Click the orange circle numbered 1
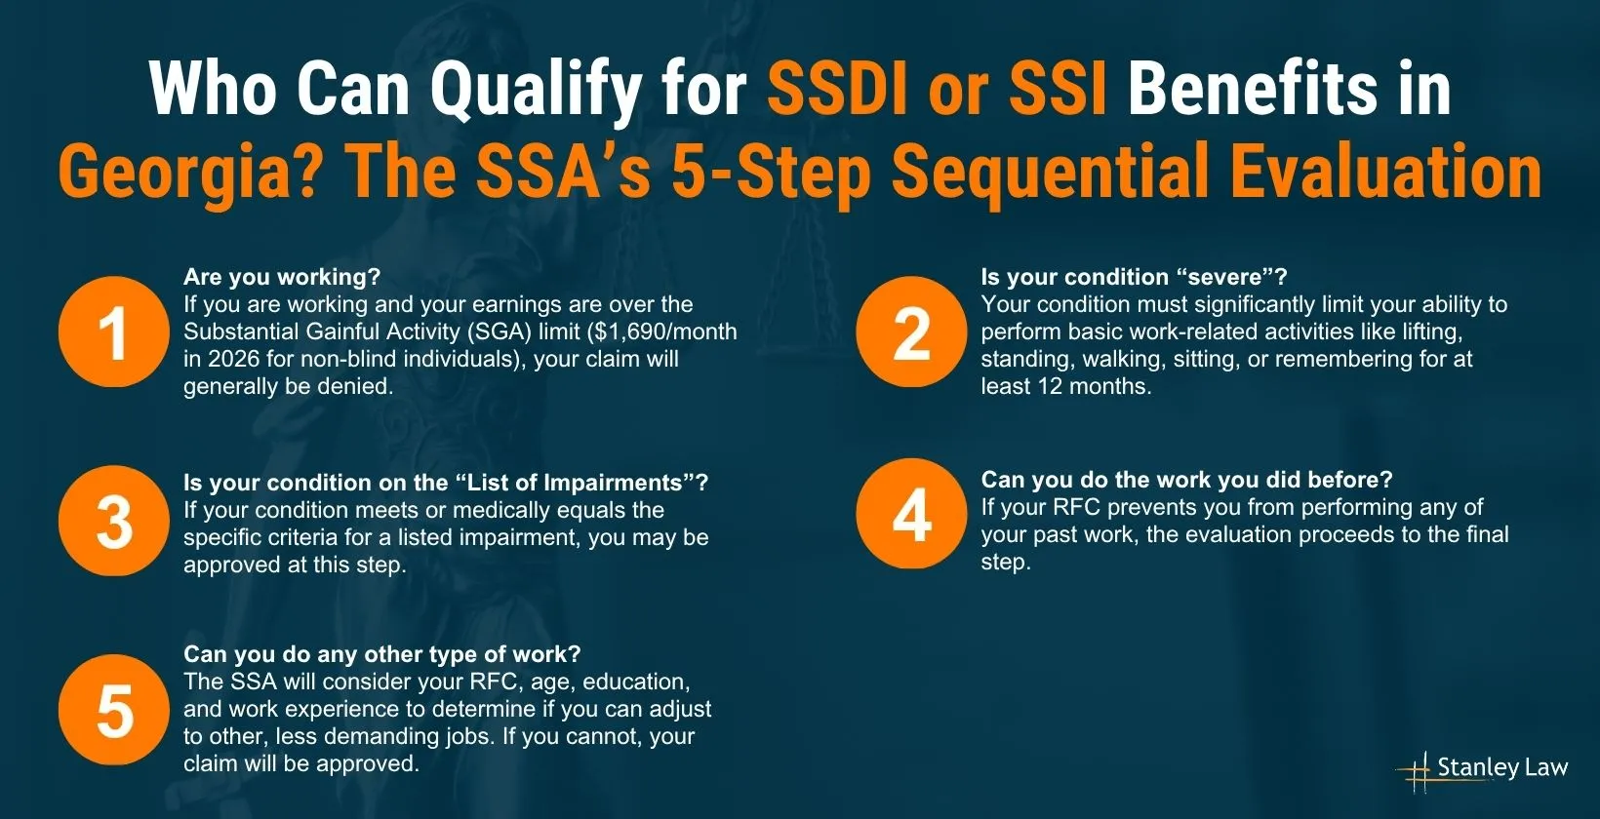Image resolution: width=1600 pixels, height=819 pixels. [x=113, y=332]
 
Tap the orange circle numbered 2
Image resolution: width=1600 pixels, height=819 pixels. [x=911, y=332]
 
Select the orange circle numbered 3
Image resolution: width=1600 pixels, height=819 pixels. [x=113, y=522]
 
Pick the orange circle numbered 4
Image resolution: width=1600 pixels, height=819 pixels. [x=911, y=514]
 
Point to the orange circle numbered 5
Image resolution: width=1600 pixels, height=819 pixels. [x=113, y=710]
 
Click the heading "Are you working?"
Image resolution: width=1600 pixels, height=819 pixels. [x=282, y=277]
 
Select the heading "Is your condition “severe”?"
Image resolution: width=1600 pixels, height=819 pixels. [x=1134, y=277]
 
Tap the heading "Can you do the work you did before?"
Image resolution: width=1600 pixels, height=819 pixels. [x=1186, y=480]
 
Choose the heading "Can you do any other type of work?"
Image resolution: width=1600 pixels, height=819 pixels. [x=381, y=654]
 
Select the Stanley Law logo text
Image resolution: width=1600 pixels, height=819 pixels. [x=1500, y=767]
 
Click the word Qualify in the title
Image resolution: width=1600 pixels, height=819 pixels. [x=535, y=90]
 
